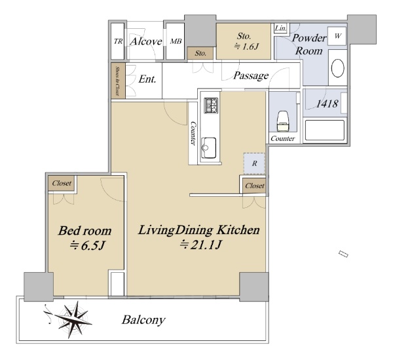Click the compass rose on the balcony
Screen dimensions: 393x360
coord(73,319)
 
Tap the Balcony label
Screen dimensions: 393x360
coord(143,320)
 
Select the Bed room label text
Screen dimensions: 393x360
coord(84,231)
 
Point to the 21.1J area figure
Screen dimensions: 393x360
coord(200,245)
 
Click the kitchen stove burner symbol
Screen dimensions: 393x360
coord(211,106)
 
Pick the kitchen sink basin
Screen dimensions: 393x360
coord(208,148)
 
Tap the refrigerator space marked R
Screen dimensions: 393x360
coord(254,163)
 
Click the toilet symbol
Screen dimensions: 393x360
coord(283,121)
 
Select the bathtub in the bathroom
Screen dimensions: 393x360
coord(325,130)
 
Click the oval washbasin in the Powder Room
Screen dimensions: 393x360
coord(337,68)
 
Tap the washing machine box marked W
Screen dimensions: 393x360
coord(337,36)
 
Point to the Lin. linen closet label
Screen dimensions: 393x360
coord(280,28)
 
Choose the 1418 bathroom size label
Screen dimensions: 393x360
coord(327,104)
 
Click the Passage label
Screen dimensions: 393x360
coord(251,75)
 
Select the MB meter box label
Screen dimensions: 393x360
coord(176,41)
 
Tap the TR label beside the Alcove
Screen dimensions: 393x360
coord(118,41)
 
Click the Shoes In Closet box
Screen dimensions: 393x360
coord(118,81)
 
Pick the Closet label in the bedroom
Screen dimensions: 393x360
coord(62,183)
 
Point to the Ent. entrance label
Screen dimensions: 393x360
coord(147,79)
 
